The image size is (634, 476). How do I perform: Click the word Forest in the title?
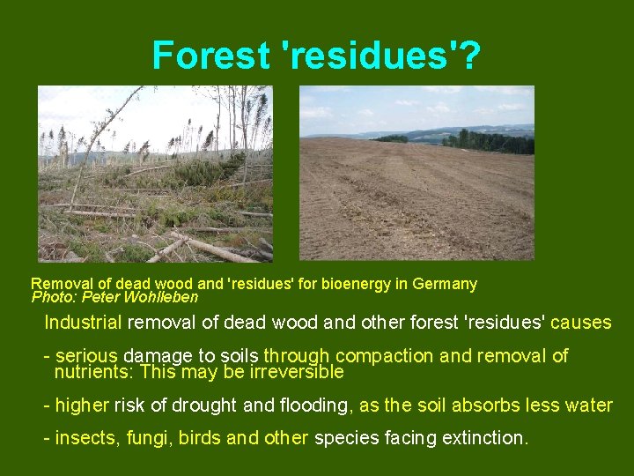tap(210, 55)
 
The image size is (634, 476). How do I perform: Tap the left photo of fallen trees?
tap(155, 174)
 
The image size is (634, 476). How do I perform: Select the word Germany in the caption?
tap(447, 284)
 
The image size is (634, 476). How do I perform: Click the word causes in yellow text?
tap(581, 323)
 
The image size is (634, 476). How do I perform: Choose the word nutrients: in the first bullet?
tap(94, 372)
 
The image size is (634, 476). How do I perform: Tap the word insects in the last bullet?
tap(83, 438)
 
